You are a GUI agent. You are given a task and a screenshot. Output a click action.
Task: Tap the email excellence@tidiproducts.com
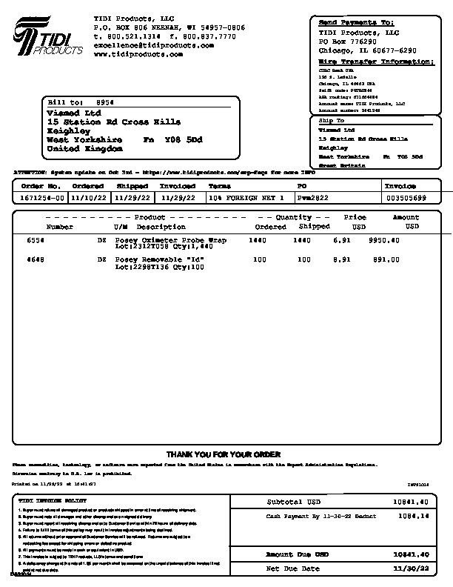(x=154, y=45)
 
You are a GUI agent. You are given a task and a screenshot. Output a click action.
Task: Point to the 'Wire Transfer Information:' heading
(x=376, y=62)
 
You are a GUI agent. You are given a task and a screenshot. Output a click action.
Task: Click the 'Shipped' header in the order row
(x=132, y=186)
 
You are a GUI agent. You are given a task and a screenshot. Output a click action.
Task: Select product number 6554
(x=36, y=241)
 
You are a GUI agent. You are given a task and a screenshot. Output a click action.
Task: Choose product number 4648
(x=36, y=260)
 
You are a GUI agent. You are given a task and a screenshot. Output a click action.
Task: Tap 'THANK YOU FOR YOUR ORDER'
(x=223, y=454)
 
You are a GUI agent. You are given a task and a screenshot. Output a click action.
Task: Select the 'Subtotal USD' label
(x=294, y=502)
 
